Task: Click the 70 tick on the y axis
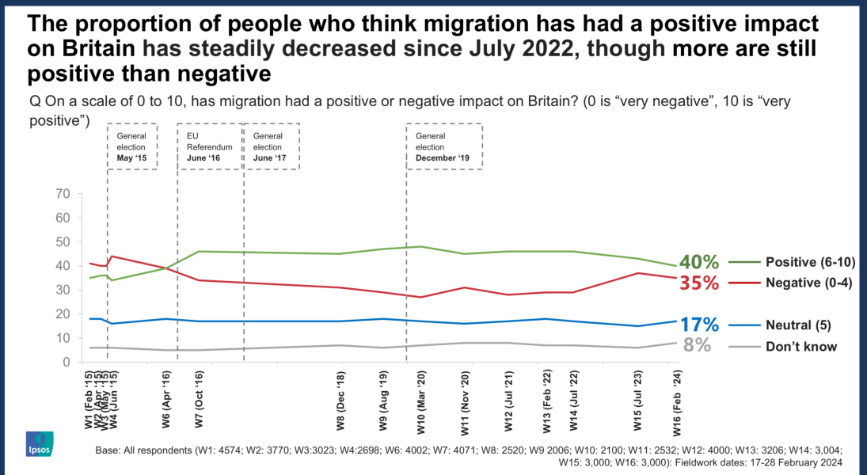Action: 63,194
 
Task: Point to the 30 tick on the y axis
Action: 63,290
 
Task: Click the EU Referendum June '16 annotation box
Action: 209,146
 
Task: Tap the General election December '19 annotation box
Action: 443,146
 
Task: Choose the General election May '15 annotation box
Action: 131,146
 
